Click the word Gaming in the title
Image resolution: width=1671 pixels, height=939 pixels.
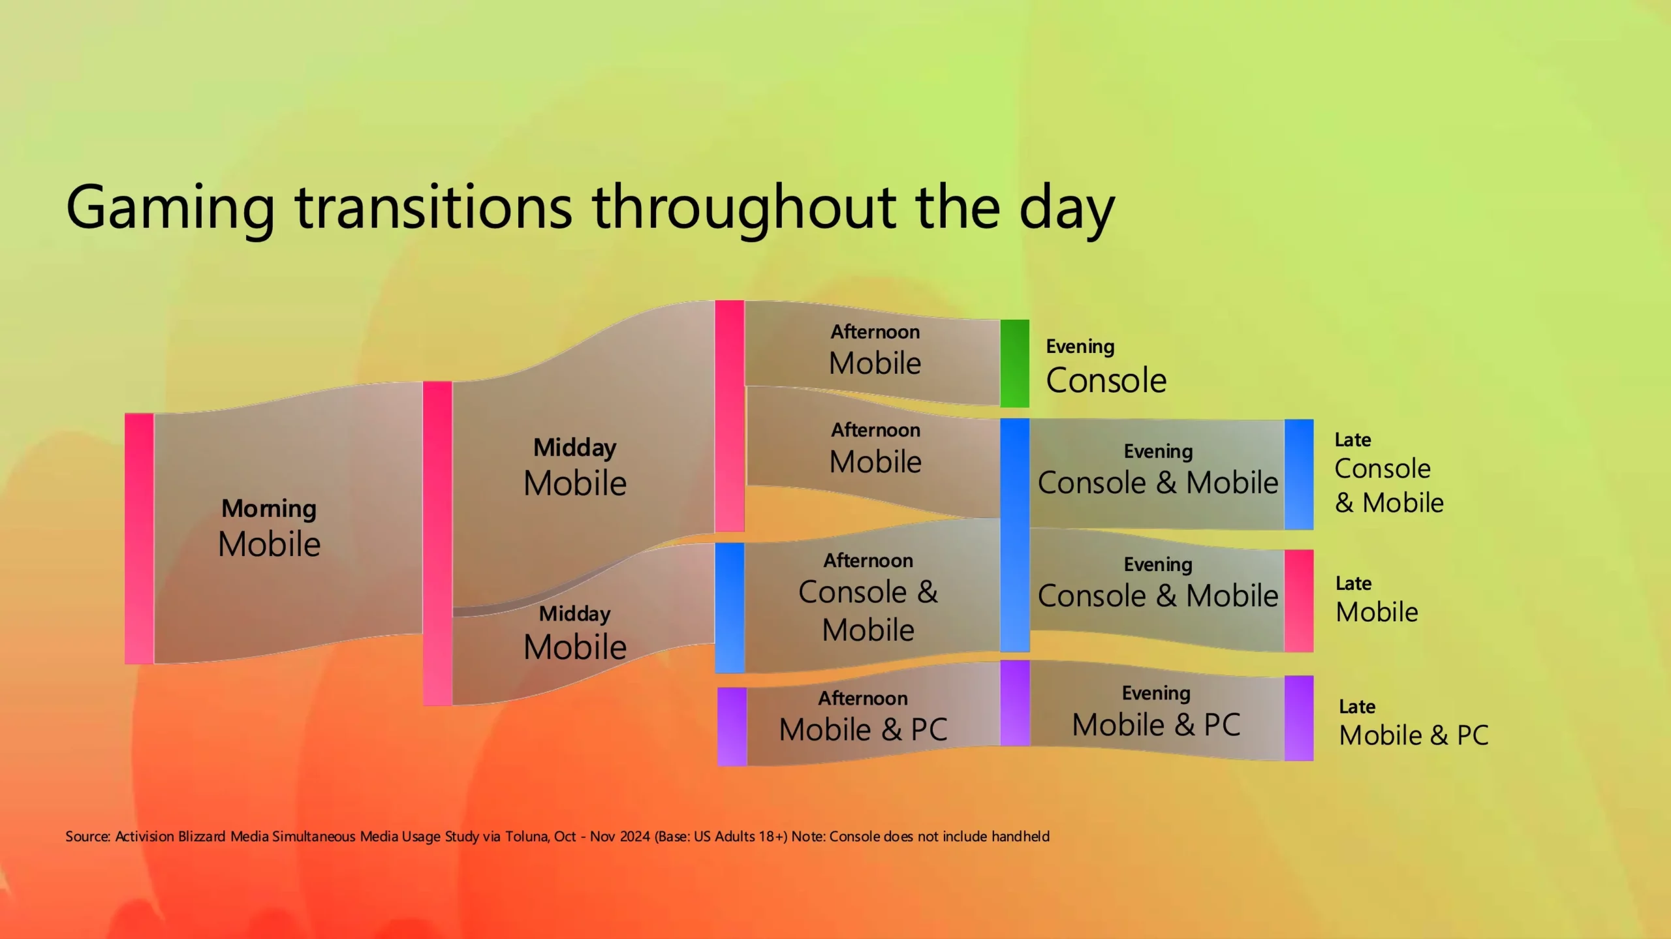coord(171,209)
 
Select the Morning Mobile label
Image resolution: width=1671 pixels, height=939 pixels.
coord(269,528)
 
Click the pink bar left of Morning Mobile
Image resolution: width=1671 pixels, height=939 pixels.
coord(139,538)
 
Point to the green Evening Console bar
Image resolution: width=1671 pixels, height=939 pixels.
coord(1014,363)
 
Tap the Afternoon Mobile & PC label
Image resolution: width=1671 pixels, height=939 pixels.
coord(863,716)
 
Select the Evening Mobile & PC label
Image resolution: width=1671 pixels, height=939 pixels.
coord(1156,712)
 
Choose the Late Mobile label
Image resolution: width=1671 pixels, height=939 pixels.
coord(1377,600)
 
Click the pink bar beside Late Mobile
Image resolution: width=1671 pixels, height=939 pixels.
coord(1299,600)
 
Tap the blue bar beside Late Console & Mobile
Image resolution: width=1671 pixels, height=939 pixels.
coord(1299,474)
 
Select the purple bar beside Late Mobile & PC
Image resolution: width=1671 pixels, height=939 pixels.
coord(1299,718)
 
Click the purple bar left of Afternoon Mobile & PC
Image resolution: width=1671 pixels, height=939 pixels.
coord(732,726)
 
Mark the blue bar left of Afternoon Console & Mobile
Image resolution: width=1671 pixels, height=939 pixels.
coord(730,608)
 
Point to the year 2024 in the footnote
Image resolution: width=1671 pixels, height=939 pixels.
coord(635,837)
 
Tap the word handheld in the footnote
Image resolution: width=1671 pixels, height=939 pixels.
coord(1020,837)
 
